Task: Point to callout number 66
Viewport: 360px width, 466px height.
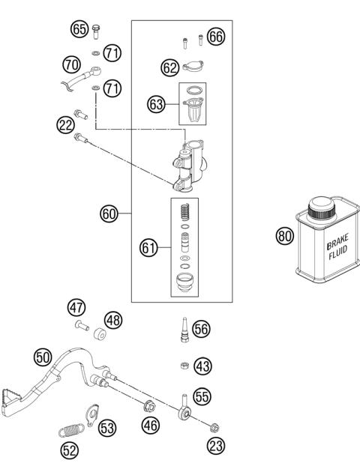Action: point(217,37)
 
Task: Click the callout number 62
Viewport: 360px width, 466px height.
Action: point(170,67)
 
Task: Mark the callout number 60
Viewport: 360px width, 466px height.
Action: point(110,214)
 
